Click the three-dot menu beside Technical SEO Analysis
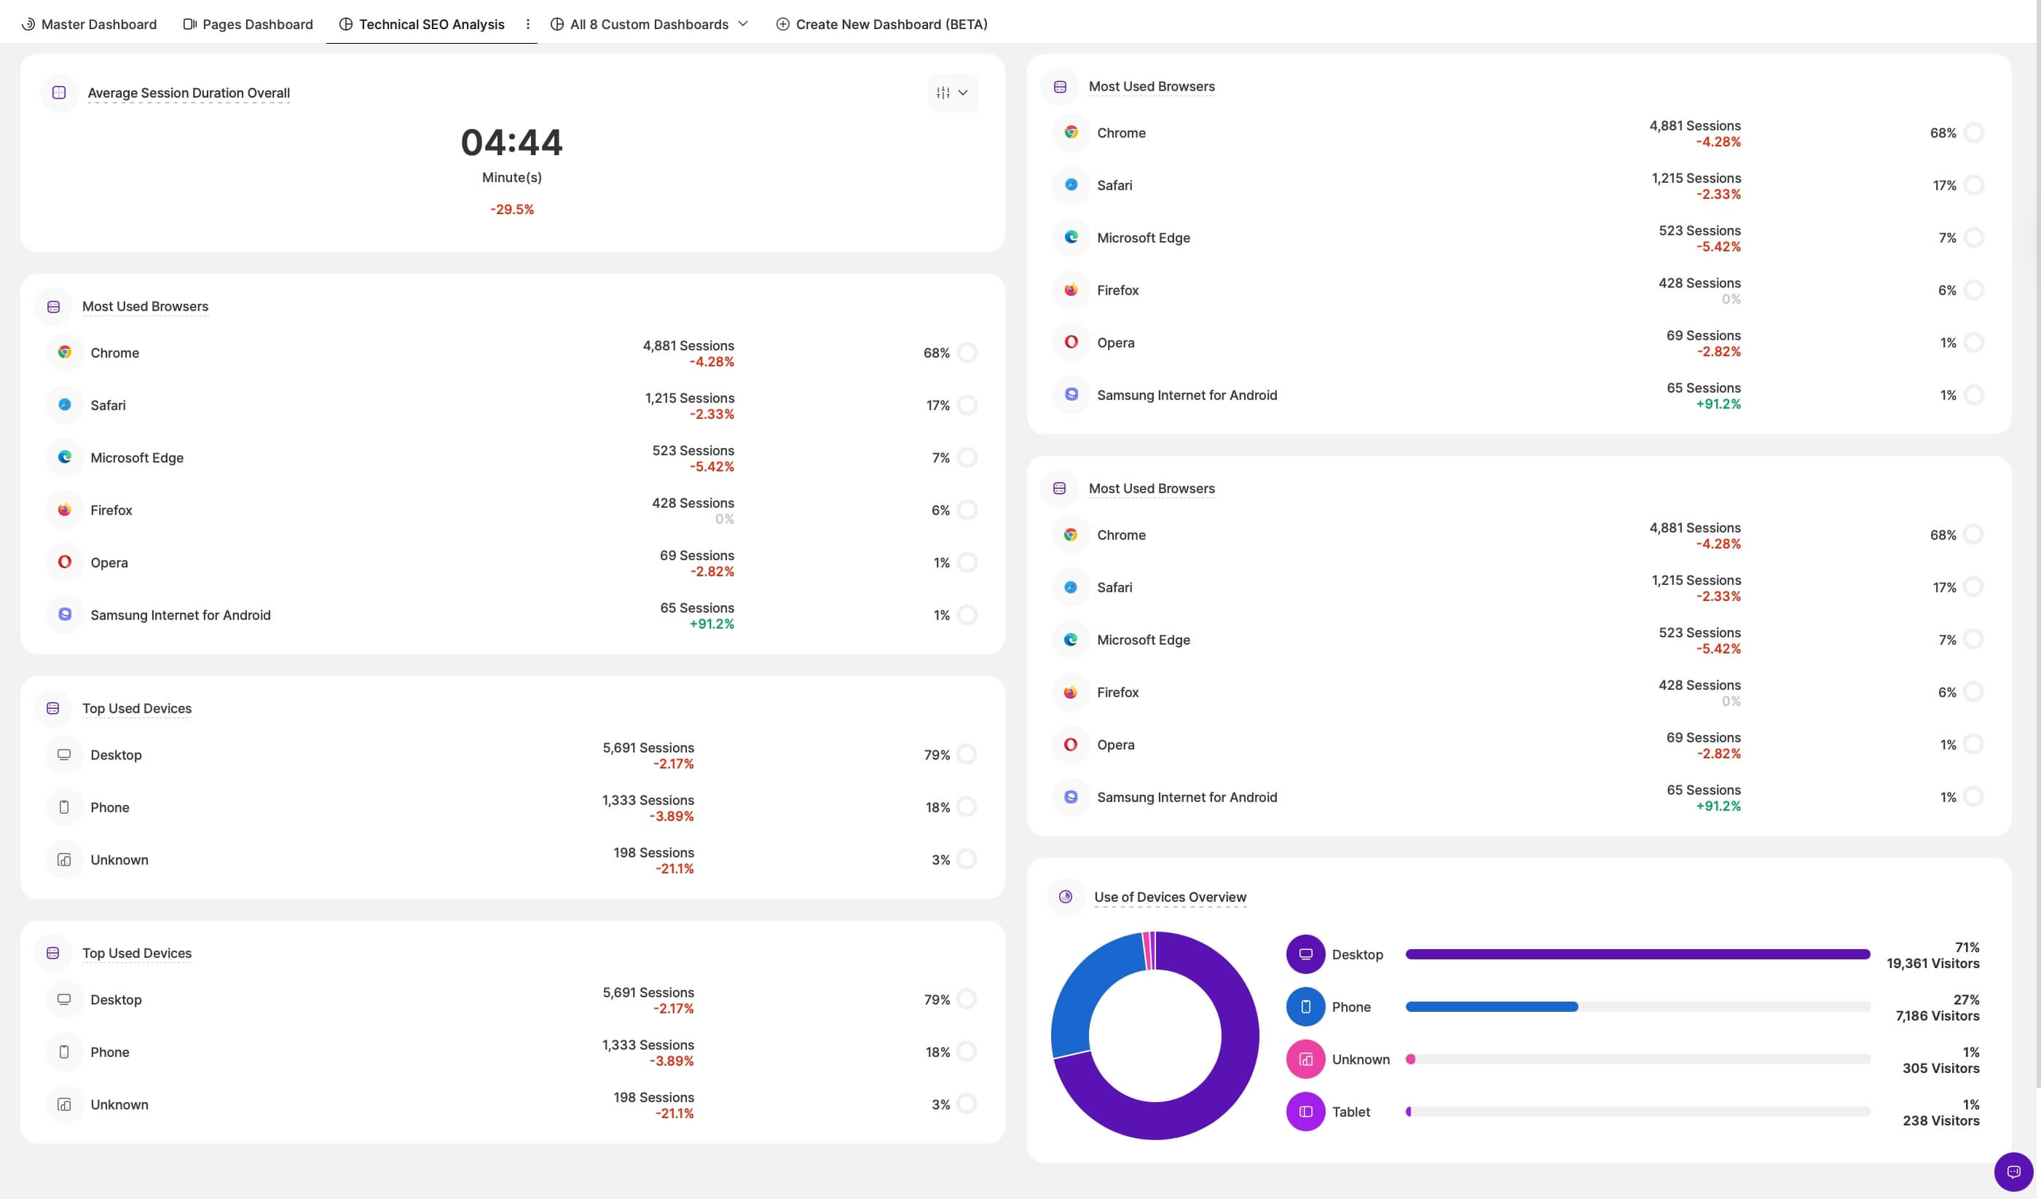point(528,24)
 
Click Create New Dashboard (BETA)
point(882,24)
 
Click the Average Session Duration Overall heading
point(188,93)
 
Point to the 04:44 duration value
point(511,143)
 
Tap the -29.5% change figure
point(512,210)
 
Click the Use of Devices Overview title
point(1170,897)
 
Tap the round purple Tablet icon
point(1305,1112)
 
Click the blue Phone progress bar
point(1491,1007)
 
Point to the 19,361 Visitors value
point(1932,964)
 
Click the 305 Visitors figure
point(1940,1069)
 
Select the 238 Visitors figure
point(1940,1121)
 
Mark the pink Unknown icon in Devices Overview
point(1305,1060)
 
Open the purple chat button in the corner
point(2013,1171)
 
